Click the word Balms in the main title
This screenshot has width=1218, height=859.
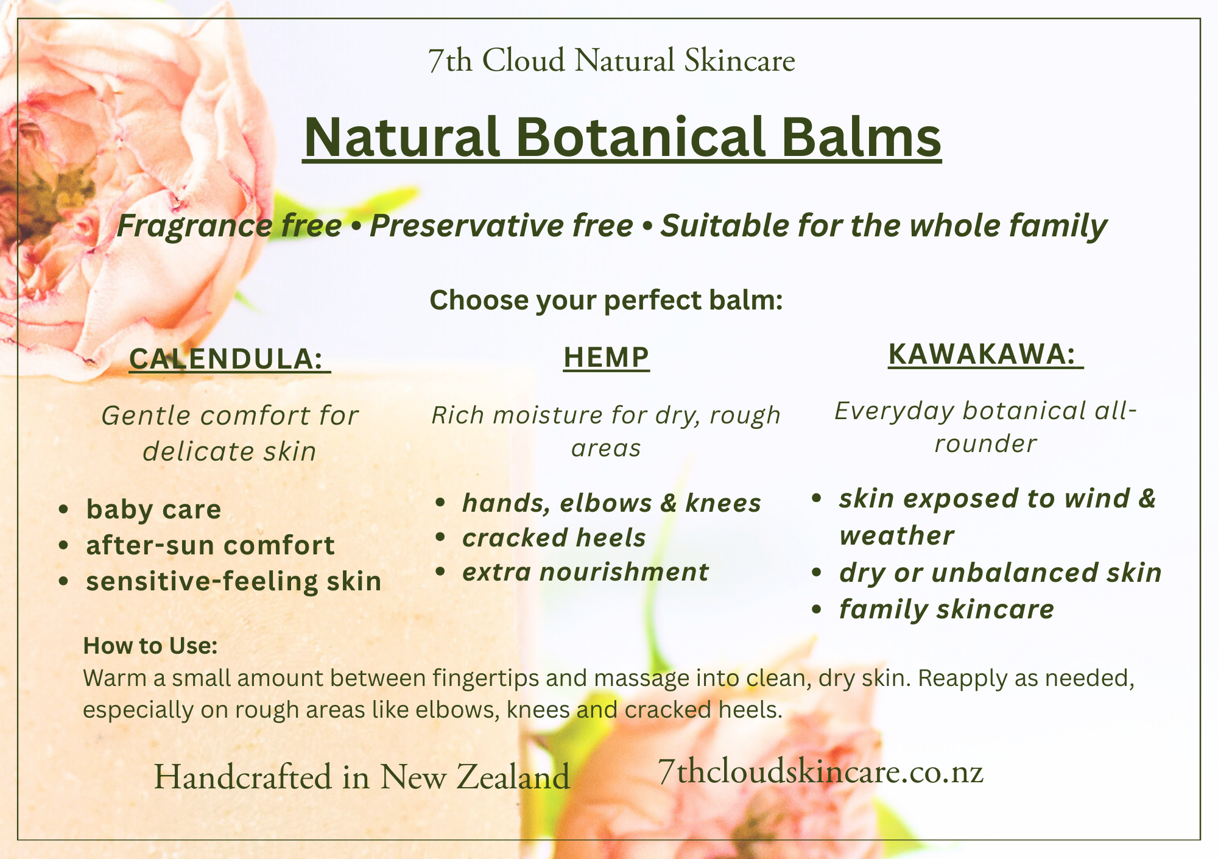click(x=861, y=137)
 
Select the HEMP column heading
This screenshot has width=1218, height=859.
click(x=606, y=357)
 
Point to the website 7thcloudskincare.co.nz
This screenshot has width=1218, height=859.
click(x=821, y=772)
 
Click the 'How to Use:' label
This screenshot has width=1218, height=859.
click(x=150, y=646)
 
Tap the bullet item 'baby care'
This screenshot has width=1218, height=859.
click(x=153, y=510)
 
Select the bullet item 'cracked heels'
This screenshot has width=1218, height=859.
click(x=554, y=538)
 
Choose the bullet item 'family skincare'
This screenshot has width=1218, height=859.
click(x=946, y=610)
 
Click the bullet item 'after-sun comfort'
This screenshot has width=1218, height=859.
click(x=210, y=545)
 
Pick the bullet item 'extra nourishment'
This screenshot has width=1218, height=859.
click(x=585, y=572)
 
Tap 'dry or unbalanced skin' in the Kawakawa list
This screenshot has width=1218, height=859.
click(x=1000, y=573)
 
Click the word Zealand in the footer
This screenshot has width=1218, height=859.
click(x=512, y=777)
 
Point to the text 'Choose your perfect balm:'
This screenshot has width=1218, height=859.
click(x=606, y=300)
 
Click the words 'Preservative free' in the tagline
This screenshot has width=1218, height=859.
click(x=501, y=226)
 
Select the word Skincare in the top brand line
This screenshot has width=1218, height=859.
click(x=739, y=61)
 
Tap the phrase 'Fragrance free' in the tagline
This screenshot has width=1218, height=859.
click(x=229, y=226)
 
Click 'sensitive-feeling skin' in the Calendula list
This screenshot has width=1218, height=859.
click(x=234, y=582)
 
